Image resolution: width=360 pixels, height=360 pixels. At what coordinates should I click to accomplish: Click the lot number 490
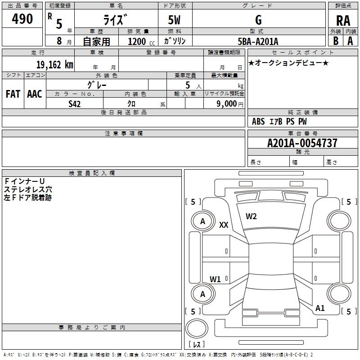(22, 18)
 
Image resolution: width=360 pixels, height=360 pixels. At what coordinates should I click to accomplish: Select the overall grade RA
(343, 21)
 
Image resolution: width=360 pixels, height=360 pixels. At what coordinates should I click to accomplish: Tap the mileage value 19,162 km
(55, 65)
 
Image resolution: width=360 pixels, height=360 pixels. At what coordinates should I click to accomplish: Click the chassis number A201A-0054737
(302, 143)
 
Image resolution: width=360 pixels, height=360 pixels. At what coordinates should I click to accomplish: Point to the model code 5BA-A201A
(258, 41)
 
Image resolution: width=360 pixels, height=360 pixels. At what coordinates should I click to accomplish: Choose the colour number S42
(75, 104)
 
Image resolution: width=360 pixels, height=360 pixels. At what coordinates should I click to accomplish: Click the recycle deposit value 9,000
(226, 104)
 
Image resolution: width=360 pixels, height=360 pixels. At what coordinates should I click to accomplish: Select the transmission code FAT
(13, 94)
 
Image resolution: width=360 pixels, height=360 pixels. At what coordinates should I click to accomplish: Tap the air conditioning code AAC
(35, 94)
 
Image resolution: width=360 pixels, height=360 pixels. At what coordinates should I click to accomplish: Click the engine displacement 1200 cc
(141, 41)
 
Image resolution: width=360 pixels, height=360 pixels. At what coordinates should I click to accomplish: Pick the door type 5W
(174, 20)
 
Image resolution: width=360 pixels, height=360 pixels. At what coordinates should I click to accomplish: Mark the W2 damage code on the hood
(251, 216)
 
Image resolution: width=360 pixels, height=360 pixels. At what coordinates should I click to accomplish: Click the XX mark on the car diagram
(224, 225)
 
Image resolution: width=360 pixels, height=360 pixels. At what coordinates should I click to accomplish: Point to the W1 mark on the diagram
(215, 279)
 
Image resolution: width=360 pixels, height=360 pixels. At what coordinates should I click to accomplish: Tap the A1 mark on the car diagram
(320, 308)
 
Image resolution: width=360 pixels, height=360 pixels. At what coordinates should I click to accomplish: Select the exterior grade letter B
(336, 41)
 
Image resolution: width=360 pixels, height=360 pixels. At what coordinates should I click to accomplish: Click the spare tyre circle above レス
(197, 328)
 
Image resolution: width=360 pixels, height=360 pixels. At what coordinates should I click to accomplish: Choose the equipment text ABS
(258, 121)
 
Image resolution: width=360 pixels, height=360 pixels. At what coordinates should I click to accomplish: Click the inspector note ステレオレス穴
(28, 189)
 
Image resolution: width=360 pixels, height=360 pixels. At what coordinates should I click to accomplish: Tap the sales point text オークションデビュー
(288, 63)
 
